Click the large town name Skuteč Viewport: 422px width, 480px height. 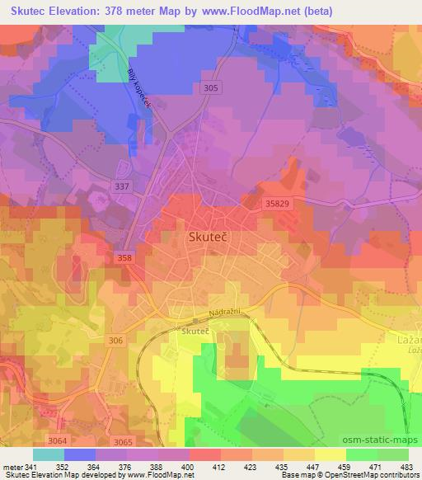[202, 237]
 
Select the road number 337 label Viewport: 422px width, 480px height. [121, 188]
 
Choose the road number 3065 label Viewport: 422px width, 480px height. [122, 444]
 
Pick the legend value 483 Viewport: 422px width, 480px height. [408, 467]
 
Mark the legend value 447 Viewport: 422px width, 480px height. [313, 467]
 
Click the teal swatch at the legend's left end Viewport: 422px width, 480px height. [49, 454]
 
